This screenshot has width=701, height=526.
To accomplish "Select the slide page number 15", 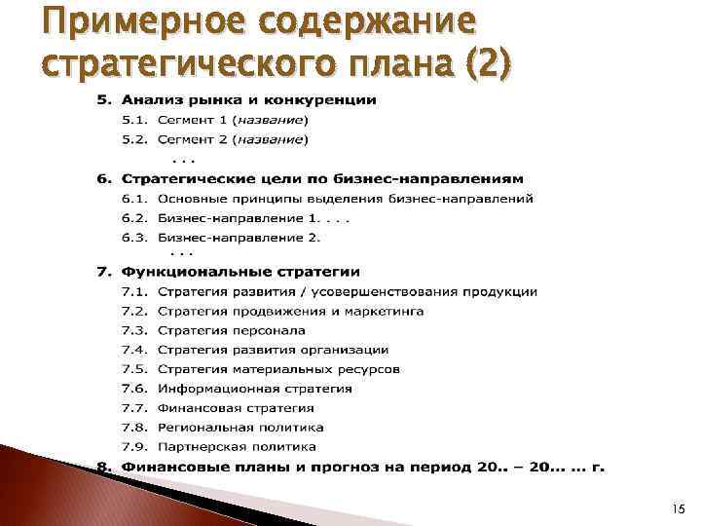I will pos(677,507).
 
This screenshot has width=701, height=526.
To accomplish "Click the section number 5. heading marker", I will pos(103,100).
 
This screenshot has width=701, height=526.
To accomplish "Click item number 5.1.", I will pos(135,120).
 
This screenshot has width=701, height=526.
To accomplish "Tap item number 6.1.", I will pos(135,199).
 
